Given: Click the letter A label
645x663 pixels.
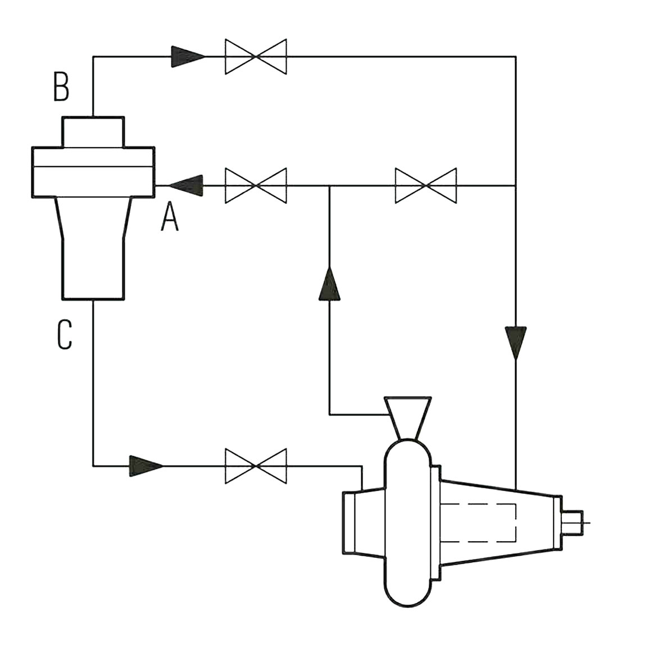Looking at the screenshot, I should [x=169, y=217].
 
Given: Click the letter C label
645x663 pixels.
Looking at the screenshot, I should [x=65, y=335].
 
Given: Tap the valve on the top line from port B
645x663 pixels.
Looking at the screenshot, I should [x=256, y=57].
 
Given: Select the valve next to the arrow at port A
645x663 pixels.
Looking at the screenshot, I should [x=256, y=185].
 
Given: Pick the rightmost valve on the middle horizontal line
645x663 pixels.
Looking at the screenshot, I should [x=426, y=185].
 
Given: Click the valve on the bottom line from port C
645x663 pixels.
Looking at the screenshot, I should [x=256, y=466].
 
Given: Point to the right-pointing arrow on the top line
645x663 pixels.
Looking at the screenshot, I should [x=187, y=57].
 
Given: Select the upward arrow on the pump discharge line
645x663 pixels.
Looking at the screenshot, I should [x=329, y=283].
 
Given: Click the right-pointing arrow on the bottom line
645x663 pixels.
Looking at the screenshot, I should [x=146, y=466].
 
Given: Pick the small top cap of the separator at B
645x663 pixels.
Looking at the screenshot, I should [x=93, y=133].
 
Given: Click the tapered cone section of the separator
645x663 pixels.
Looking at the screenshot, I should [x=93, y=219].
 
